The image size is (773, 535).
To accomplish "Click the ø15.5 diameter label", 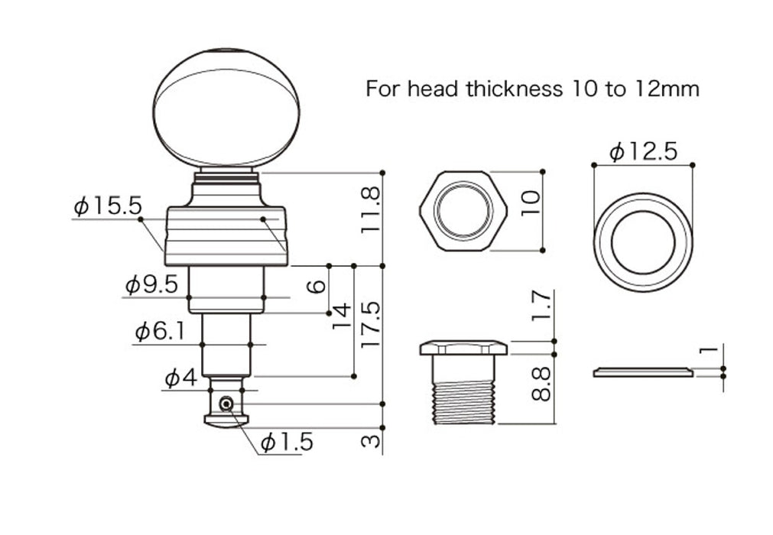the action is click(108, 206).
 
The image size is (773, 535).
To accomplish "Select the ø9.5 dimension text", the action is click(151, 285).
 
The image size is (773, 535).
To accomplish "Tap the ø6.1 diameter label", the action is click(160, 332).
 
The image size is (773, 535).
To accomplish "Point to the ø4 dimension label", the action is click(181, 378).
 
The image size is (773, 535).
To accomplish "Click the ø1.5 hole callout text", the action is click(287, 443).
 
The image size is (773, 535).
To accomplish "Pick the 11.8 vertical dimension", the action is click(371, 209).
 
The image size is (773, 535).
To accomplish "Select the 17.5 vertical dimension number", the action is click(371, 325).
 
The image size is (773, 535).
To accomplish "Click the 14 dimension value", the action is click(341, 316).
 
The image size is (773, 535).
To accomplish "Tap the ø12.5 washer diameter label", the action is click(643, 152).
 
